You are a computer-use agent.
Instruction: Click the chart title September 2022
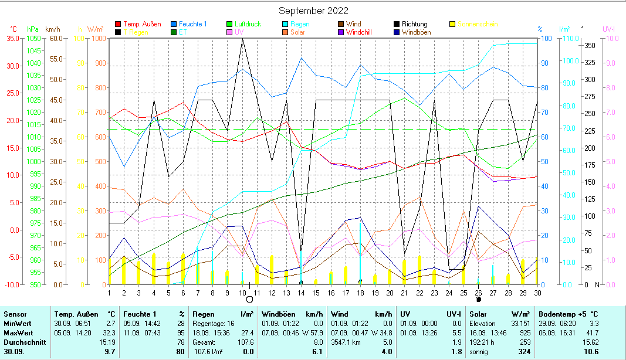313,11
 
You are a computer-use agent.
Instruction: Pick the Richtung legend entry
415,24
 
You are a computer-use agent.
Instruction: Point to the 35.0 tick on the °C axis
12,38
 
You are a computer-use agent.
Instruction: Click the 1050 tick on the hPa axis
33,38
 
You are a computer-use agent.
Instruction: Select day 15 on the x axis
316,292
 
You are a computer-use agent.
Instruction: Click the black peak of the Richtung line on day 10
242,39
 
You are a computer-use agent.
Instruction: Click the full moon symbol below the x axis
249,299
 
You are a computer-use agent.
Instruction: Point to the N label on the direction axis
597,284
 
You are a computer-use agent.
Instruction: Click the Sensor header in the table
14,315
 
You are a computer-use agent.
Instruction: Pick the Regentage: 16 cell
215,323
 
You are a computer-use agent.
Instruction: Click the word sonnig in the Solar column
479,351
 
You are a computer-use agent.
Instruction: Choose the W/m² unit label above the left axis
96,29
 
